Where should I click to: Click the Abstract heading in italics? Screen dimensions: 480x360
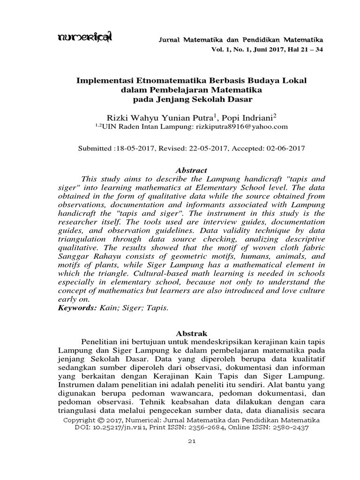click(191, 171)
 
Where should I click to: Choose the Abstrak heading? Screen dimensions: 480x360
click(191, 333)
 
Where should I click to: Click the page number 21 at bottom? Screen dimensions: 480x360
click(191, 442)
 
